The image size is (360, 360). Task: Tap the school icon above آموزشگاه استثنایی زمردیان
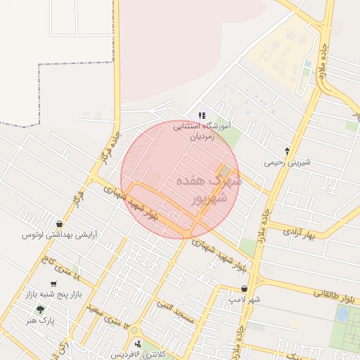coord(202,115)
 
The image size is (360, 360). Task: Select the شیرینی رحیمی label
coord(287,162)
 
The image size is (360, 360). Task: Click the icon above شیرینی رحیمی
coord(287,150)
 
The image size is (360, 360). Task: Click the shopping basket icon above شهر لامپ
coord(244,288)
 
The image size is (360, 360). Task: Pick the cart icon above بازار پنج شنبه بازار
coord(53,283)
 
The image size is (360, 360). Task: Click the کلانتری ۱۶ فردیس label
coord(138,354)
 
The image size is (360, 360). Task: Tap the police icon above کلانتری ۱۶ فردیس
coord(138,344)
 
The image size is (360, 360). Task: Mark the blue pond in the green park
coord(342,314)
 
